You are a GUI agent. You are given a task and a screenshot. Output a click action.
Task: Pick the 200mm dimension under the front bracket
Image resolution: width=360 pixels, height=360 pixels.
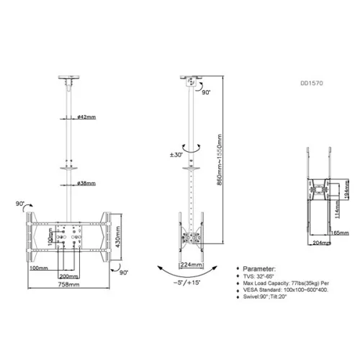pyautogui.click(x=69, y=276)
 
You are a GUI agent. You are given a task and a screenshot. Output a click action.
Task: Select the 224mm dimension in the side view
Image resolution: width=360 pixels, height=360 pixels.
pyautogui.click(x=189, y=264)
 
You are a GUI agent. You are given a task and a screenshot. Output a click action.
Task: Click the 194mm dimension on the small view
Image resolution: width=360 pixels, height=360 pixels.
pyautogui.click(x=346, y=188)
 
